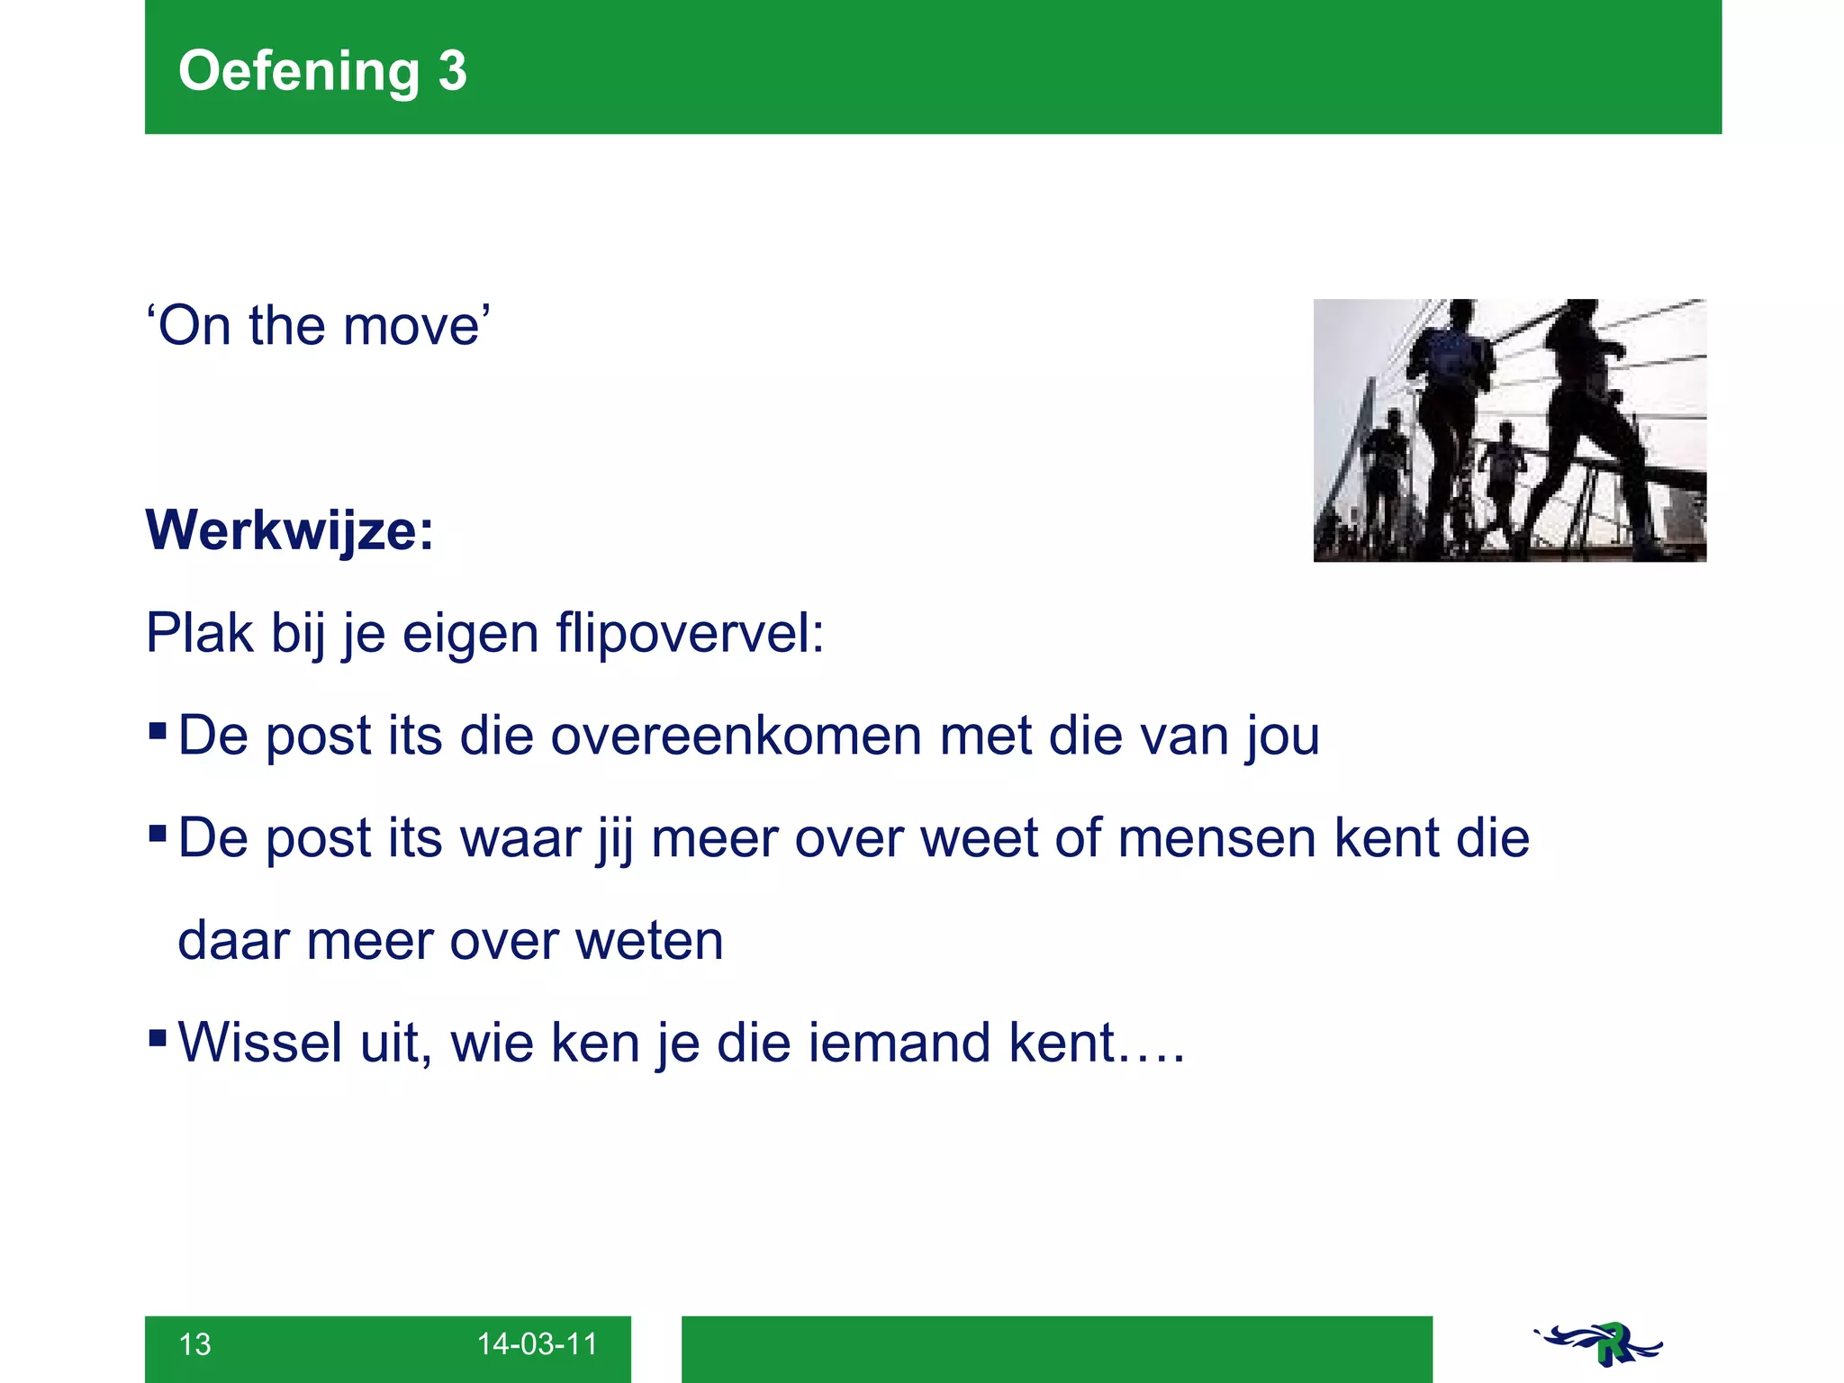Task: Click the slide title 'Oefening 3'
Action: pyautogui.click(x=322, y=70)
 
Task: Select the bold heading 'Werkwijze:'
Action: pyautogui.click(x=290, y=530)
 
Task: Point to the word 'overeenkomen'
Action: pyautogui.click(x=737, y=736)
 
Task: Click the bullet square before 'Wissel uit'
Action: pyautogui.click(x=158, y=1038)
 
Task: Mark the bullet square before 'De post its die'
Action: pyautogui.click(x=158, y=730)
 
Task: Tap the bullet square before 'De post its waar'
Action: pyautogui.click(x=158, y=833)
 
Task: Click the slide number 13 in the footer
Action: pyautogui.click(x=194, y=1344)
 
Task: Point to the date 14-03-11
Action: pyautogui.click(x=537, y=1344)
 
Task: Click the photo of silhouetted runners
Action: pyautogui.click(x=1509, y=430)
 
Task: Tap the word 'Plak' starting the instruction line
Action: pyautogui.click(x=199, y=633)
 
